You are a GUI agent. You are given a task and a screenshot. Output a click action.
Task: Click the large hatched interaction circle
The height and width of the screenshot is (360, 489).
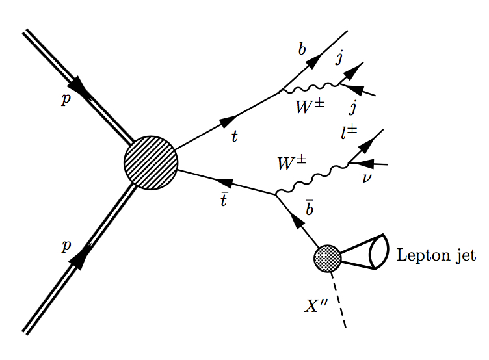tap(151, 163)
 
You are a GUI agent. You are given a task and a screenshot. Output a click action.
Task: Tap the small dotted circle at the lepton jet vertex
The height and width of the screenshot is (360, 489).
tap(327, 258)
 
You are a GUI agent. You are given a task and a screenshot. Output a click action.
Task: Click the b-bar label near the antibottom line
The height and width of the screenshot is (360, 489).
tap(310, 207)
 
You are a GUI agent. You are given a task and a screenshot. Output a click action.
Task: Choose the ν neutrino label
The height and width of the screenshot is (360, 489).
tap(367, 177)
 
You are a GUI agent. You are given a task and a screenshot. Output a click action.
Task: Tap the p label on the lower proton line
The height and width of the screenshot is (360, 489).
tap(65, 246)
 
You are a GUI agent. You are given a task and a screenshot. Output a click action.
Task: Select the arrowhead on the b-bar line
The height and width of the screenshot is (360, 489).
tap(297, 221)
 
